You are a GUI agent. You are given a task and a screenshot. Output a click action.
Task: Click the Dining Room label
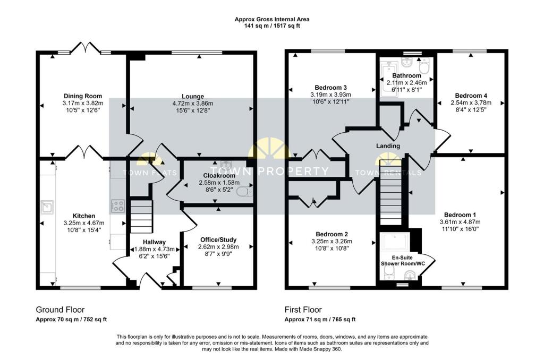[x=82, y=96]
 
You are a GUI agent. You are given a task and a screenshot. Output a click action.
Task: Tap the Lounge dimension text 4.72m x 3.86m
[x=192, y=104]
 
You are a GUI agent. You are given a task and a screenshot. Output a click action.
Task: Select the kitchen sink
[x=47, y=207]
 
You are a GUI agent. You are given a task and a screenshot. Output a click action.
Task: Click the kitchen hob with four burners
[x=117, y=205]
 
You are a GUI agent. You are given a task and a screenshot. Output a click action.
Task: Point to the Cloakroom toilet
[x=244, y=191]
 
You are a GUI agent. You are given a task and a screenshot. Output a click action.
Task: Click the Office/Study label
[x=218, y=239]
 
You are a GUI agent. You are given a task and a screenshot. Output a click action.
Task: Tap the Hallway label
[x=155, y=242]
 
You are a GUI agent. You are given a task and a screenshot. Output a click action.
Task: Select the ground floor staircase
[x=141, y=216]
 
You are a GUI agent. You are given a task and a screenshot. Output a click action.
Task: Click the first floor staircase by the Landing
[x=391, y=193]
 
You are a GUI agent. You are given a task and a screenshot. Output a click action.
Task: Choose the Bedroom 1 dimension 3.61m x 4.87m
[x=460, y=222]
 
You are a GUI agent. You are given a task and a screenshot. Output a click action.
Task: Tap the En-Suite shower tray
[x=395, y=242]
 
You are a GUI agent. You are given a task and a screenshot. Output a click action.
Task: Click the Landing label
[x=388, y=146]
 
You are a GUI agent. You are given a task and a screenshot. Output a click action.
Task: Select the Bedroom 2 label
[x=331, y=235]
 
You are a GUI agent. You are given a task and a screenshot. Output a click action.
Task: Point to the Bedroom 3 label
[x=330, y=88]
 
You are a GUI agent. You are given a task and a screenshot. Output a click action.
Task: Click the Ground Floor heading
[x=61, y=310]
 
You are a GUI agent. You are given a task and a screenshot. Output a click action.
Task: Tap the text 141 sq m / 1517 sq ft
[x=272, y=25]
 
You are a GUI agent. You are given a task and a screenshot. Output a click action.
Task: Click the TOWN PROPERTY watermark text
[x=269, y=171]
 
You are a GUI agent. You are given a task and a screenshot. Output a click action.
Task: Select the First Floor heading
[x=303, y=310]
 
